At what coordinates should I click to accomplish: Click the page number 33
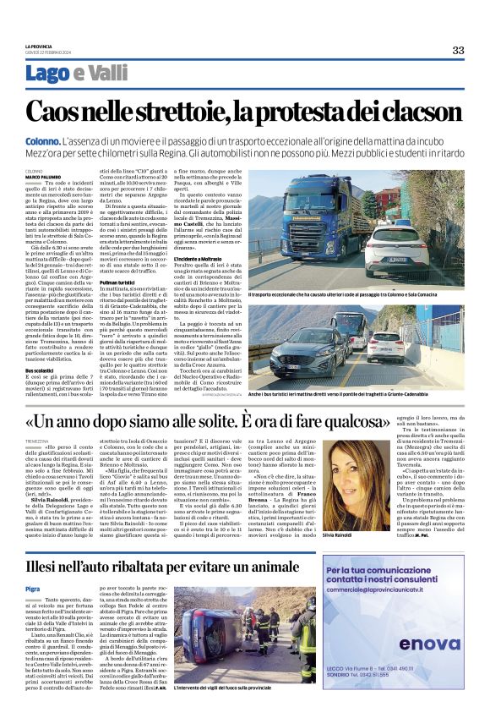458,50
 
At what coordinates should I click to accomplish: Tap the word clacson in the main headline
416,111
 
